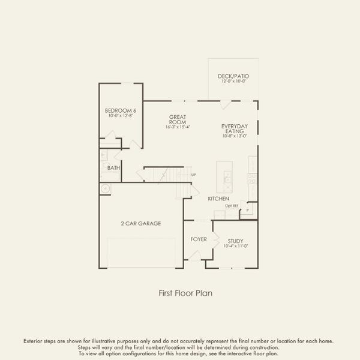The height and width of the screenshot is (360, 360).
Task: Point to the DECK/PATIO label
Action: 234,77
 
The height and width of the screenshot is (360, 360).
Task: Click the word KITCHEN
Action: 219,199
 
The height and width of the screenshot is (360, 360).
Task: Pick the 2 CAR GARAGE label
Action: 141,223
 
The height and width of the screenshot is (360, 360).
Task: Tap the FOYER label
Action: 199,239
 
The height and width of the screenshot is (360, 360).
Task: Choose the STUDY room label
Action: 235,241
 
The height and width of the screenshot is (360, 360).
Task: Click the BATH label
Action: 113,168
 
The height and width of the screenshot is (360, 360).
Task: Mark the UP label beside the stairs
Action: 193,175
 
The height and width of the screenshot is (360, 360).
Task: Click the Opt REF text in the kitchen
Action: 232,206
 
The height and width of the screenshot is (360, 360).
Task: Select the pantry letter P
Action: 247,211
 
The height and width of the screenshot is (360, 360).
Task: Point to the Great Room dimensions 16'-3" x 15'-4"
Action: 177,127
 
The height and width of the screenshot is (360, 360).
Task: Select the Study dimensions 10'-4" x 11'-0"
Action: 235,246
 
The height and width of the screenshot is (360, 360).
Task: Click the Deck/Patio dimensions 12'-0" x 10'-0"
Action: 234,82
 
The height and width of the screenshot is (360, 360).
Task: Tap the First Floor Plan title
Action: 185,293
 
